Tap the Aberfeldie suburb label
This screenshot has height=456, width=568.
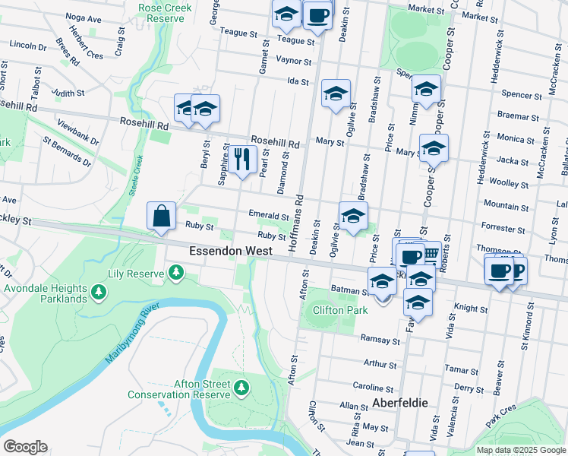pos(400,403)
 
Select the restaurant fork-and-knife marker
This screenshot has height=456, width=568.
pos(242,160)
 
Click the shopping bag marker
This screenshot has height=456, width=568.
pos(163,217)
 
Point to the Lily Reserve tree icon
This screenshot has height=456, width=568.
pos(176,272)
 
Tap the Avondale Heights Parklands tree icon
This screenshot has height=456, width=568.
pos(98,291)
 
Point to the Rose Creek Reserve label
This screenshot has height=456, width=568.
pos(166,11)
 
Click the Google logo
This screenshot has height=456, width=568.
pos(25,447)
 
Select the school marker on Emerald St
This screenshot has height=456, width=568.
pos(353,217)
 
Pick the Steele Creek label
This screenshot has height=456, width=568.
pos(136,176)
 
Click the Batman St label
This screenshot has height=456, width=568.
pos(349,290)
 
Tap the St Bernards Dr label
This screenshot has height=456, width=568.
pos(67,151)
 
